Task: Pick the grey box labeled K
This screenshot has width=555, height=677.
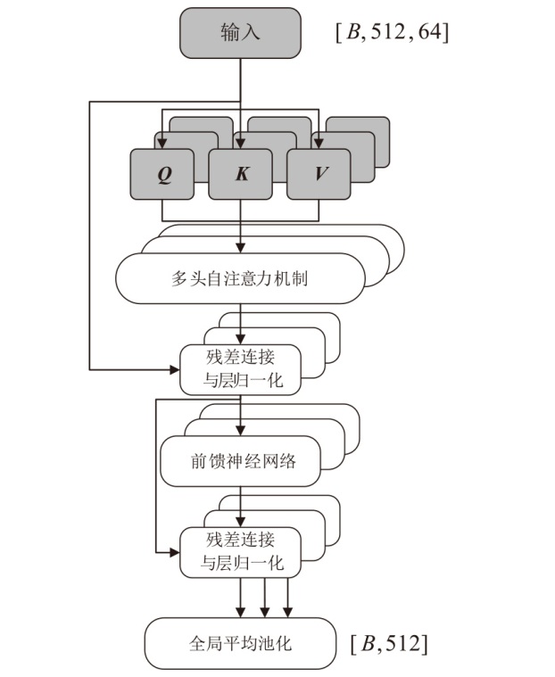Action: coord(241,174)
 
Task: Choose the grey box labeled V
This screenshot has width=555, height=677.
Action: coord(319,174)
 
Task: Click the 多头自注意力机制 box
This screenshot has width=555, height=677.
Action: coord(241,278)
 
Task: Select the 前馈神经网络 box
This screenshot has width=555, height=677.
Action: coord(241,461)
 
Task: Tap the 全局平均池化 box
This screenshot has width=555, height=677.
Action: coord(241,642)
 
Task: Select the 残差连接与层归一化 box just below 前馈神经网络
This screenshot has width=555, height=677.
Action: coord(241,551)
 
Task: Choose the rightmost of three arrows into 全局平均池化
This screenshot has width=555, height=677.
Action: coord(287,598)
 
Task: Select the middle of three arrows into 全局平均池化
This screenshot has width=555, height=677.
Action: coord(264,598)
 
